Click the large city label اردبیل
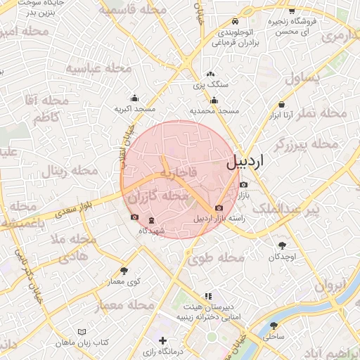245,162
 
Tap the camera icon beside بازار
243,185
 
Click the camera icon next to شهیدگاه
135,217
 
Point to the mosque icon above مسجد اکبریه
135,98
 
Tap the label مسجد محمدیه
214,111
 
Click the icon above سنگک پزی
210,74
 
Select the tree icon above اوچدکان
283,245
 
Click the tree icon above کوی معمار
124,270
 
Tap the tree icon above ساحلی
274,326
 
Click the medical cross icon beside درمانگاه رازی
163,340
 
